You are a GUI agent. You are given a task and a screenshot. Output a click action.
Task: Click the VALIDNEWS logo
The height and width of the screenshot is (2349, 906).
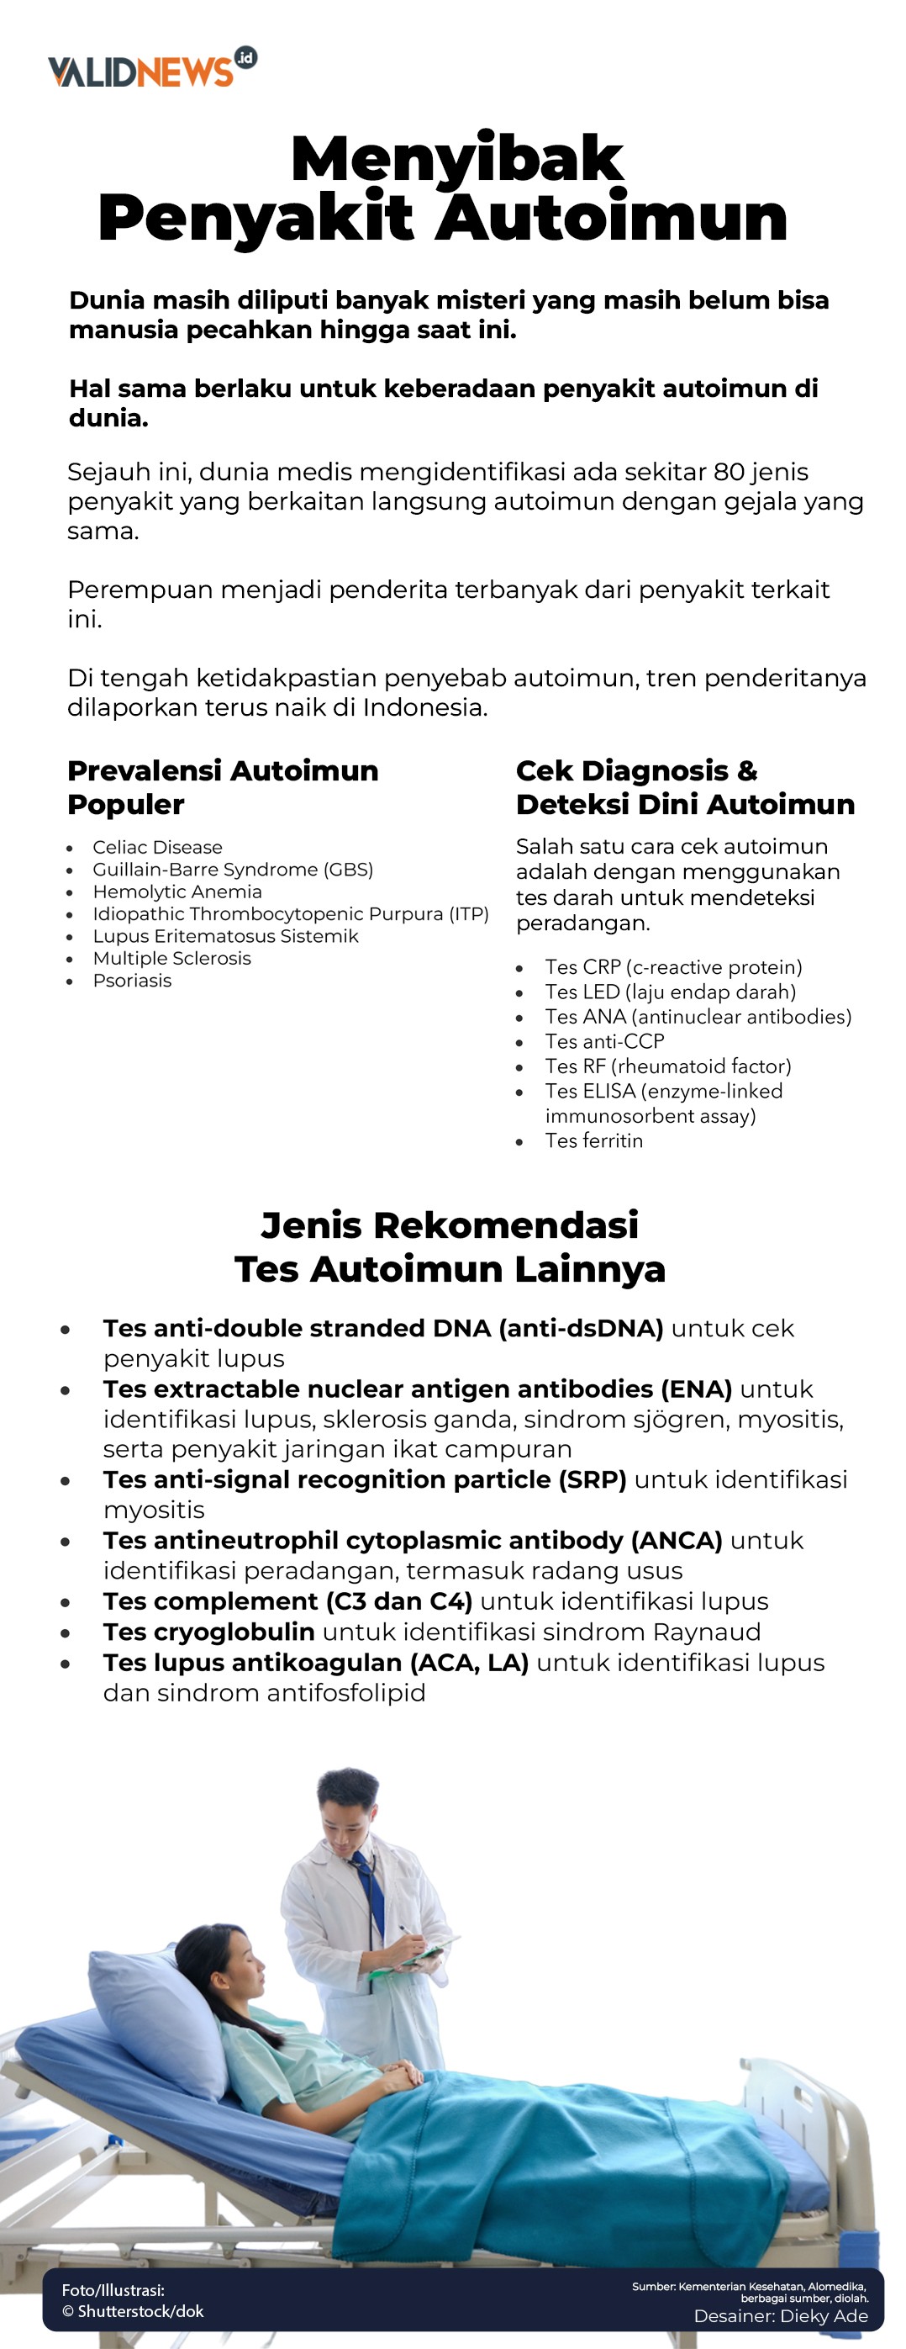[x=151, y=69]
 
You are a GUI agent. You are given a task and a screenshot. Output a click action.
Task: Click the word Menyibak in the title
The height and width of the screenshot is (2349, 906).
[x=456, y=159]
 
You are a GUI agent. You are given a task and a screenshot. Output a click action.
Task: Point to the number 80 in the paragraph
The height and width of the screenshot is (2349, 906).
[x=729, y=472]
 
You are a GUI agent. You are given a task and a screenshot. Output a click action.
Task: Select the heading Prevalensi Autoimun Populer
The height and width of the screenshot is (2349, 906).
[x=223, y=787]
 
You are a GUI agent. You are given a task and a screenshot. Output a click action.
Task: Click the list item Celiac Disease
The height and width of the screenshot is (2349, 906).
[x=157, y=847]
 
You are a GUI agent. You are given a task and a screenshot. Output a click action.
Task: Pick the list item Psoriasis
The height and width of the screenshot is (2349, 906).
[x=131, y=981]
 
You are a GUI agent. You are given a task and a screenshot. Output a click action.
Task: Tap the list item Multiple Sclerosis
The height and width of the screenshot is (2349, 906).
[x=171, y=959]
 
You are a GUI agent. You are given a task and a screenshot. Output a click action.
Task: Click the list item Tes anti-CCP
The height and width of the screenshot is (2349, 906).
[x=604, y=1041]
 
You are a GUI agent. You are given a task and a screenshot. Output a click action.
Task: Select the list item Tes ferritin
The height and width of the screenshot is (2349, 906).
[x=593, y=1140]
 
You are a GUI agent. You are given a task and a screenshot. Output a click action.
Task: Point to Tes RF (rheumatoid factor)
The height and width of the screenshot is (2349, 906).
[x=667, y=1066]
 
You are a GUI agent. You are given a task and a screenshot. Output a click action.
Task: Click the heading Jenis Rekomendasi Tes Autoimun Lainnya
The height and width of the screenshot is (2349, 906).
[x=450, y=1246]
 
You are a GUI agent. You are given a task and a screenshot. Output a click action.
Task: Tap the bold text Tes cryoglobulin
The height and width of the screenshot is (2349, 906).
[x=208, y=1632]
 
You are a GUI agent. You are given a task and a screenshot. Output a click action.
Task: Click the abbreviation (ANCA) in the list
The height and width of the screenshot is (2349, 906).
[x=677, y=1540]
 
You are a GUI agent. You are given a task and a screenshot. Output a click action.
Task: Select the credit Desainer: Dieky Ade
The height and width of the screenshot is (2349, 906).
[x=779, y=2316]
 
